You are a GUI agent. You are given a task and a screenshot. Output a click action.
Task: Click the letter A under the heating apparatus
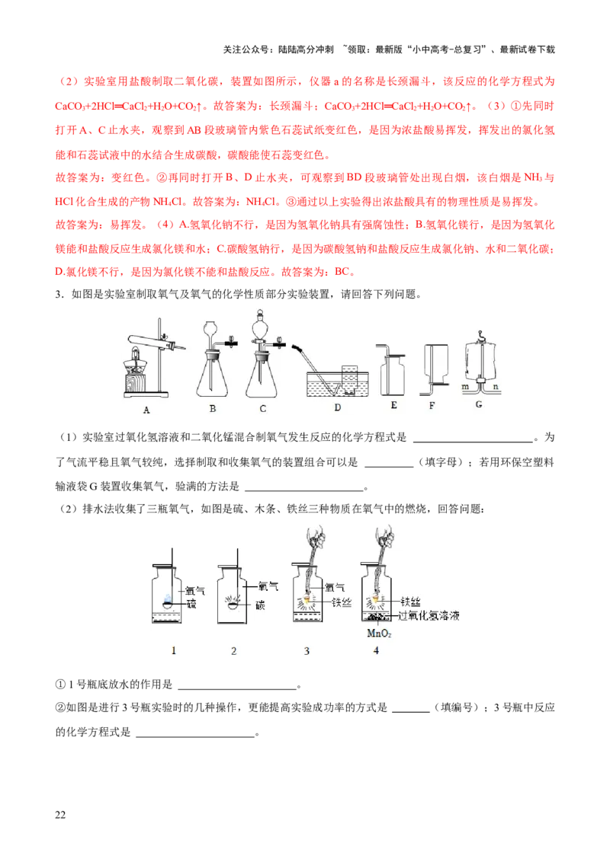(x=146, y=410)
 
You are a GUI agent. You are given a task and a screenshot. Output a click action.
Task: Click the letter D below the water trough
(x=338, y=408)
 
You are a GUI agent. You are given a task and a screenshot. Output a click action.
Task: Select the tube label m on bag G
(x=465, y=387)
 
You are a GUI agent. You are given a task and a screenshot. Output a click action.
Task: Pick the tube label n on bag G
(x=496, y=387)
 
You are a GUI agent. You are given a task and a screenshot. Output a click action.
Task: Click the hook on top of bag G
(x=480, y=333)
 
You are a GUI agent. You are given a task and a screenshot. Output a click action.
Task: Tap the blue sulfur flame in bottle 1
(x=168, y=599)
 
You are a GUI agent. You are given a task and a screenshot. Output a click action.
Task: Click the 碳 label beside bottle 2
(x=261, y=605)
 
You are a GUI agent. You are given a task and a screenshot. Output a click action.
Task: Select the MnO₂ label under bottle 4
(x=379, y=634)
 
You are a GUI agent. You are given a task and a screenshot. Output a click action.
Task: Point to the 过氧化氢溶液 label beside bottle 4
(x=429, y=616)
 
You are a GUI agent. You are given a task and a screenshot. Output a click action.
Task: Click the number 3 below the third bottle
(x=307, y=651)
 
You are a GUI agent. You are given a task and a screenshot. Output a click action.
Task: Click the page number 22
(x=60, y=815)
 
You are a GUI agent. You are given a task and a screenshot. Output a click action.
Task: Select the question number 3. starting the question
(x=59, y=295)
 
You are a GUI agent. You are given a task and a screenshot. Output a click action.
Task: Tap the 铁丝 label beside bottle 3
(x=342, y=602)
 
